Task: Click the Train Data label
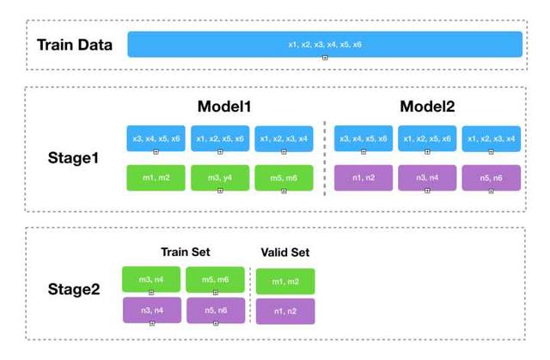74,45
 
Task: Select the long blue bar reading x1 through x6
325,44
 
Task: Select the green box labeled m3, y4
219,177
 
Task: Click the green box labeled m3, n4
151,279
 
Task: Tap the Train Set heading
186,252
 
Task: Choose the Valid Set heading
284,253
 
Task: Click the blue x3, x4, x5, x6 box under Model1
156,139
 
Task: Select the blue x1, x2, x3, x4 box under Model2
491,139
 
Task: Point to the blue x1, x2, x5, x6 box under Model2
426,139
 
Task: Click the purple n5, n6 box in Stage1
491,177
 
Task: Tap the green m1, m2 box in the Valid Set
284,281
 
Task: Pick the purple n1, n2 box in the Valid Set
284,311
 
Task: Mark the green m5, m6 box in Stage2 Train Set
215,279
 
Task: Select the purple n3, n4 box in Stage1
426,177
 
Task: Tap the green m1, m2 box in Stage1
156,177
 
